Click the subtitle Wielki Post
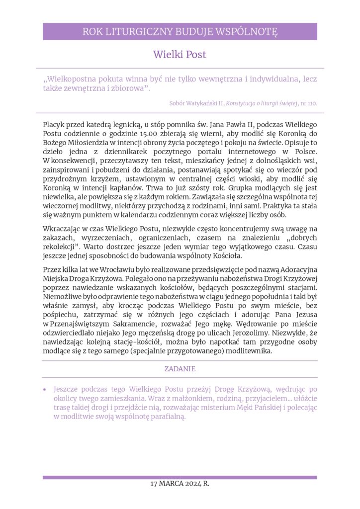180,54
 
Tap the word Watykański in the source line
205,103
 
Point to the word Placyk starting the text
54,124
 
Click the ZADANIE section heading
180,369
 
